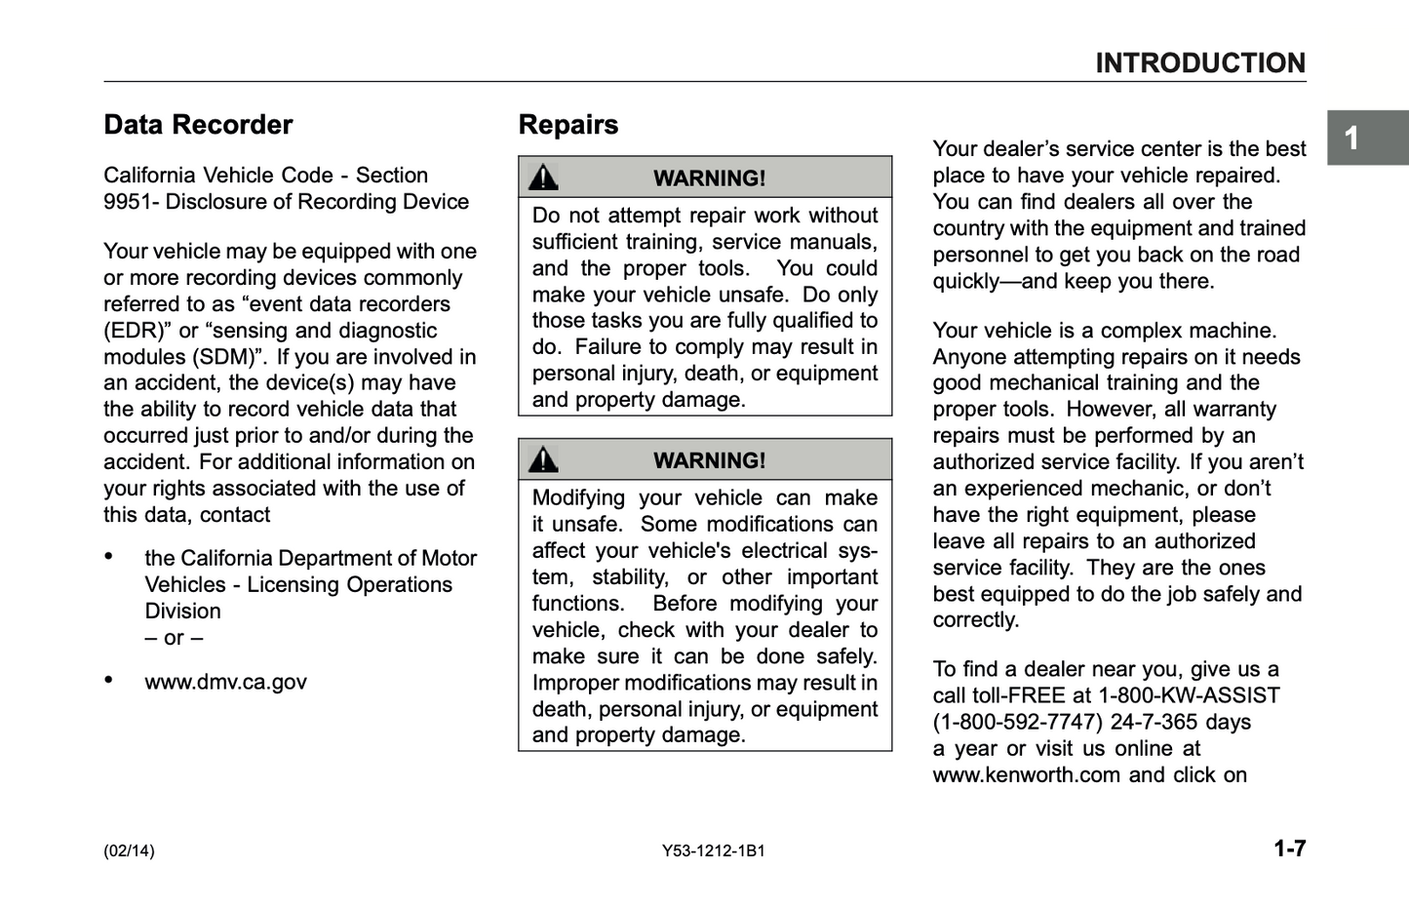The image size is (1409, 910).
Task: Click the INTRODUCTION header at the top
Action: pos(1199,63)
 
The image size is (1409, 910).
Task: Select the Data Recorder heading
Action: pos(198,125)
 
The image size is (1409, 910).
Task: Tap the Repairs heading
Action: pos(568,125)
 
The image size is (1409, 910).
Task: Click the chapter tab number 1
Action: pos(1351,138)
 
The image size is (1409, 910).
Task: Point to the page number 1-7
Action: pos(1289,849)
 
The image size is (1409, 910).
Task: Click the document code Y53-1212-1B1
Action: pos(714,851)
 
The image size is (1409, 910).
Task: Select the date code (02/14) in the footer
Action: pos(129,851)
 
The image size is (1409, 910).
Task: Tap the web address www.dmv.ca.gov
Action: pos(225,682)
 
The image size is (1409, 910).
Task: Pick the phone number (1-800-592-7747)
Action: pos(1018,723)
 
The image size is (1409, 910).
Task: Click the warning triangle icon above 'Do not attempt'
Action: pos(543,178)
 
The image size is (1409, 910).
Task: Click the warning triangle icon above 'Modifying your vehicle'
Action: pos(543,459)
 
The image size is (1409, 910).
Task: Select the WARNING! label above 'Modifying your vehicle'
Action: pos(709,460)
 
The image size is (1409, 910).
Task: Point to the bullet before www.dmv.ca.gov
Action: pos(109,680)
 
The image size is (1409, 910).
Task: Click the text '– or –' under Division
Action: pos(174,638)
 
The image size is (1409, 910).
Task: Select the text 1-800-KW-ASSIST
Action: pos(1189,696)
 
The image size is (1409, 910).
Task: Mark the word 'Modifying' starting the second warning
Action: pos(578,497)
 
